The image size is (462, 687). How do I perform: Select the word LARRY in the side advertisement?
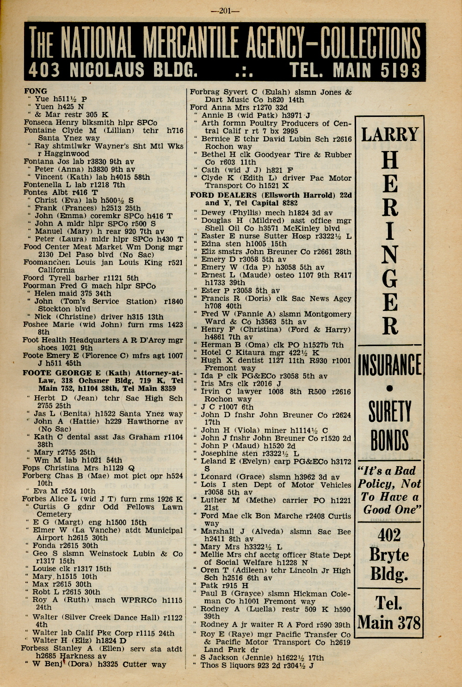pyautogui.click(x=389, y=134)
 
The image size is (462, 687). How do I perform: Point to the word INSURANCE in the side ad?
pyautogui.click(x=389, y=365)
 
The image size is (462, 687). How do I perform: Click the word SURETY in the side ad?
pyautogui.click(x=389, y=411)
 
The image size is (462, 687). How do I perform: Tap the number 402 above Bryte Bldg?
pyautogui.click(x=389, y=535)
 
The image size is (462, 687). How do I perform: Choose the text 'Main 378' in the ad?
pyautogui.click(x=389, y=622)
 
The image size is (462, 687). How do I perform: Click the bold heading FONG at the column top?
pyautogui.click(x=35, y=91)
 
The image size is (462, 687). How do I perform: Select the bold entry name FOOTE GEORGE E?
pyautogui.click(x=57, y=373)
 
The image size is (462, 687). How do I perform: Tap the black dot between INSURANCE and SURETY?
pyautogui.click(x=389, y=389)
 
